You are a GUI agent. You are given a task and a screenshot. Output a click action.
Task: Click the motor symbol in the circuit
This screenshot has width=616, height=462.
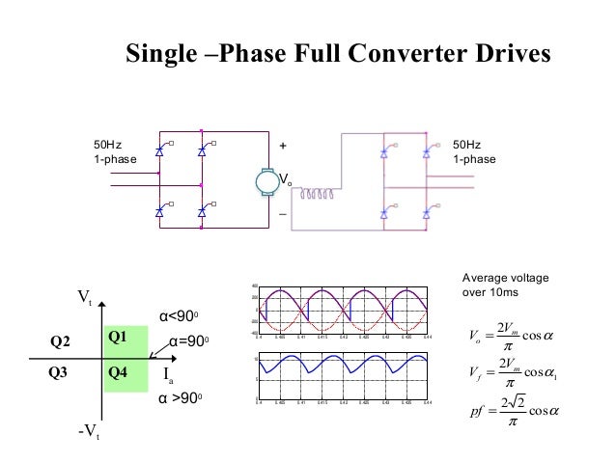point(264,181)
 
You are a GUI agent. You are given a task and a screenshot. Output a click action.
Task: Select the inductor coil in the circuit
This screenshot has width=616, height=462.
point(318,193)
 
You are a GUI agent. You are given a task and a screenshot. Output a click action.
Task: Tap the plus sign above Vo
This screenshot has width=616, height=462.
point(282,146)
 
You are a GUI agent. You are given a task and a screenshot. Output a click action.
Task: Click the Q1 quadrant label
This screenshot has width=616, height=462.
point(118,337)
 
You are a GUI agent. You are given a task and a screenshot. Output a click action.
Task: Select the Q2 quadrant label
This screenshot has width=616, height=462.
point(60,340)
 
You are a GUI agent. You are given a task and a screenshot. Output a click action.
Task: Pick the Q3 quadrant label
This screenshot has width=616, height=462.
point(60,371)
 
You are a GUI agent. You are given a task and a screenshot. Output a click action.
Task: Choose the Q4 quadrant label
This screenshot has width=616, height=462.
point(118,371)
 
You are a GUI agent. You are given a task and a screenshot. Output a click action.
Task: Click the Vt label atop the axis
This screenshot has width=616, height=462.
point(84,300)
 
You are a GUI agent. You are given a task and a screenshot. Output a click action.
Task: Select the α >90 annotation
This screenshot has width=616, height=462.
point(182,397)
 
